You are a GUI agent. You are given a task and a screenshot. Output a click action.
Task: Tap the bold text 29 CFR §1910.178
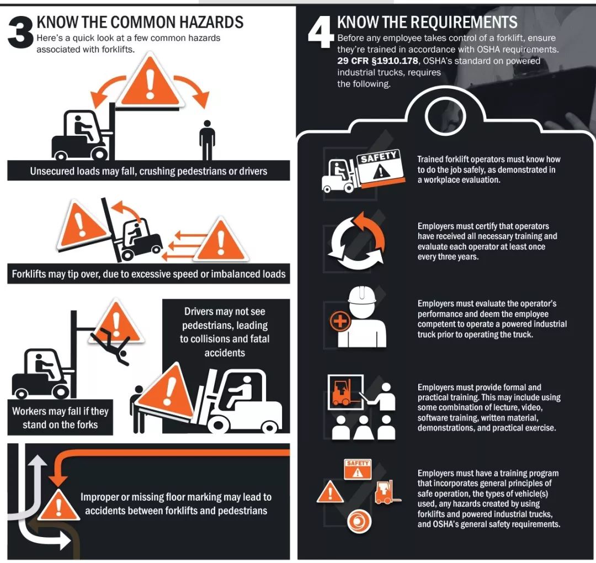(377, 61)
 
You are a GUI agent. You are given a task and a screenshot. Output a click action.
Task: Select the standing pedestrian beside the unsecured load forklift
(207, 140)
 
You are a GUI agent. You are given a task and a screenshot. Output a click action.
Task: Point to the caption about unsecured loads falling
(148, 171)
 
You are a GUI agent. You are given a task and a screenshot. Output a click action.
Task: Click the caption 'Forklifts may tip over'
(148, 274)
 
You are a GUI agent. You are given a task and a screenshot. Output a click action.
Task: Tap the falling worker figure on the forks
(110, 347)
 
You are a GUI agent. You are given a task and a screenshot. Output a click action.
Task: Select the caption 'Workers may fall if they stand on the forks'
(61, 418)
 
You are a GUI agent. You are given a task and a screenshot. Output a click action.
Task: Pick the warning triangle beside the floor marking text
(58, 505)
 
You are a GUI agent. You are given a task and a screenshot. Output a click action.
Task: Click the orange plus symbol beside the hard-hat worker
(340, 321)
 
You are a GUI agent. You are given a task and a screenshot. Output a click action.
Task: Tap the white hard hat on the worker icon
(362, 295)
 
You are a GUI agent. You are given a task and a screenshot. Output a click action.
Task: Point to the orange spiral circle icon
(359, 521)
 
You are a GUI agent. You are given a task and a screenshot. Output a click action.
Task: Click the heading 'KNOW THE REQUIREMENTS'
(427, 23)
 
